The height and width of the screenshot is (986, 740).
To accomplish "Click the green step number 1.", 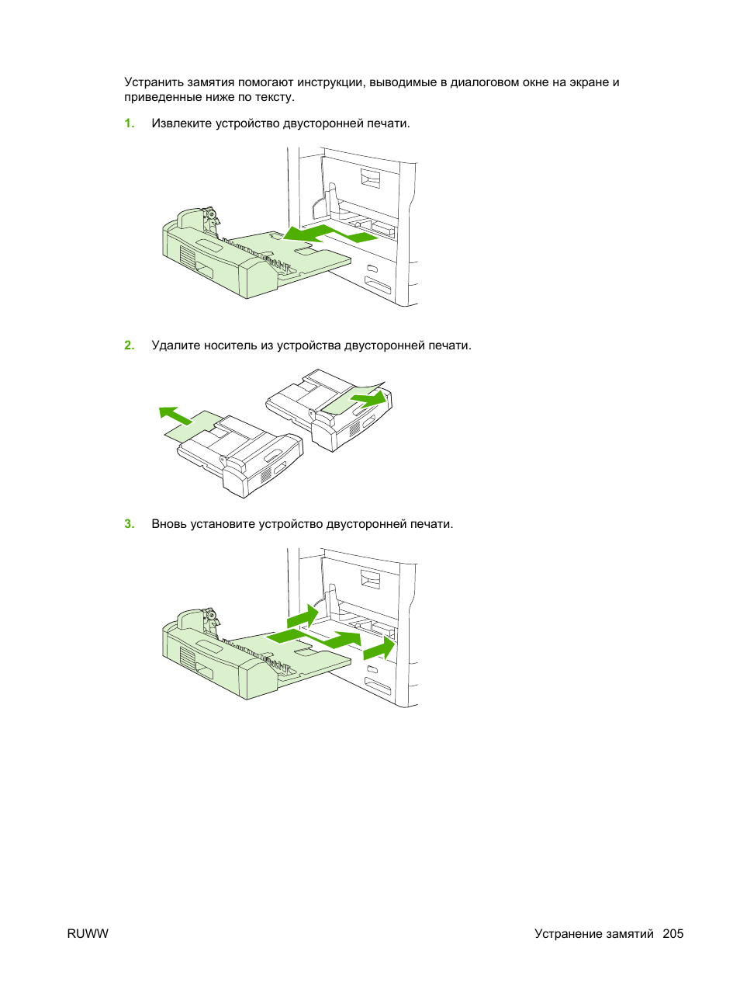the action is point(130,123).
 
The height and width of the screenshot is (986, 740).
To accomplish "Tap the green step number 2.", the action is point(130,345).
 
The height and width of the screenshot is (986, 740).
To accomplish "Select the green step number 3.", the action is point(130,524).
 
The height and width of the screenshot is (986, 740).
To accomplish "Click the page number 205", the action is point(673,933).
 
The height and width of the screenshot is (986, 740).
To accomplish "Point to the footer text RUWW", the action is point(88,933).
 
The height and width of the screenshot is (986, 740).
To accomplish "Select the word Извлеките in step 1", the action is point(182,123).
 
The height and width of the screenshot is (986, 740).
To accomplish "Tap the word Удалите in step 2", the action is point(175,345).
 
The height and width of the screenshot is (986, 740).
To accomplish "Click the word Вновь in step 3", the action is point(169,524).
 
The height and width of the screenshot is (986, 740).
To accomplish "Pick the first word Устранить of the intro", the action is point(154,82).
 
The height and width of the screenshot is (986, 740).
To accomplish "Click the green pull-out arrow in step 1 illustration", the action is point(330,234).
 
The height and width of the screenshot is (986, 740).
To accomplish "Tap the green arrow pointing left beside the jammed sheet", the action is point(176,415).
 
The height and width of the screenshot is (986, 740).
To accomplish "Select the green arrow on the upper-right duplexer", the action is point(368,399).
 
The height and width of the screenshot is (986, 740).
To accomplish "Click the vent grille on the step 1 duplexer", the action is point(188,258).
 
